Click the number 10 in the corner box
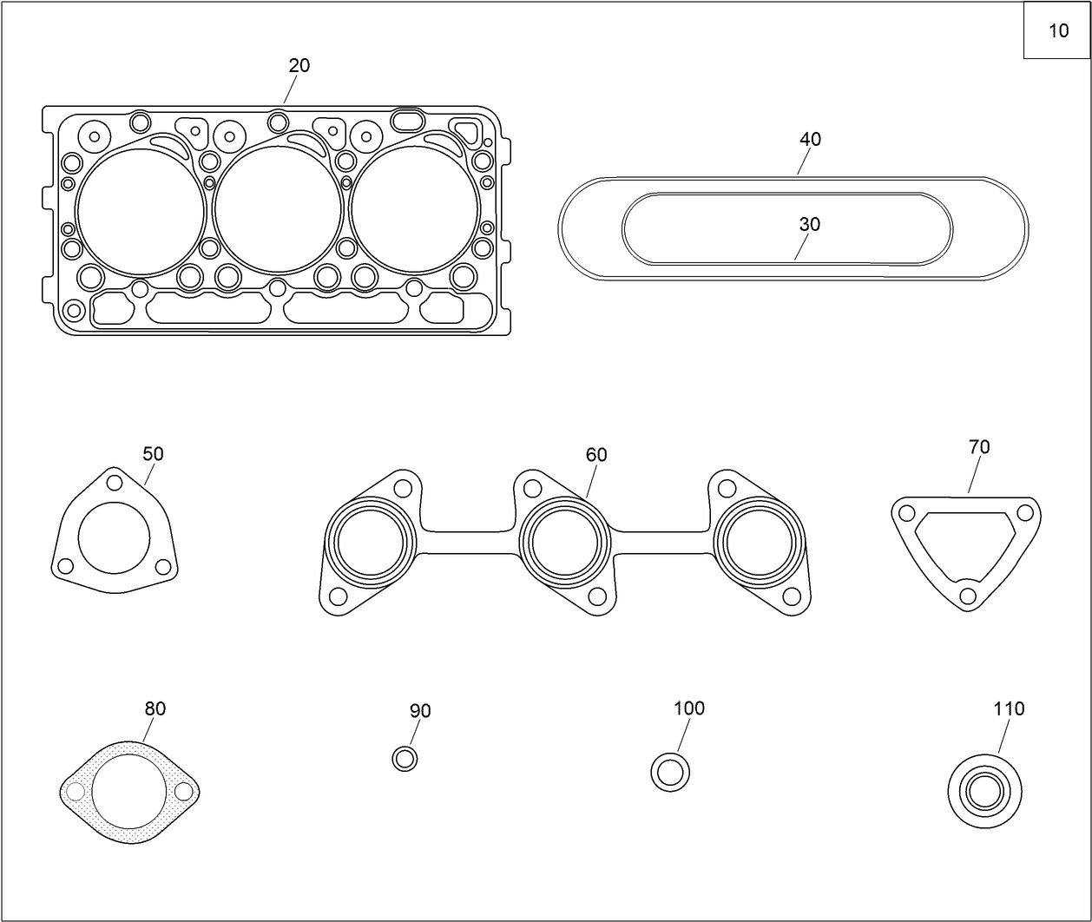(x=1058, y=31)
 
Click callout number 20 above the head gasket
(x=299, y=66)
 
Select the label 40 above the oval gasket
(x=809, y=140)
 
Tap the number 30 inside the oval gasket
(x=809, y=225)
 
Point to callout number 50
(x=153, y=454)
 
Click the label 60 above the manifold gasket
(x=596, y=455)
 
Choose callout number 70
(x=978, y=448)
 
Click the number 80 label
(x=155, y=709)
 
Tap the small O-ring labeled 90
(x=405, y=759)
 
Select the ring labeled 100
(x=670, y=771)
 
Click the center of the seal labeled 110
(x=984, y=792)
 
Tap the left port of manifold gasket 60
(x=370, y=543)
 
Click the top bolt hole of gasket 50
(x=114, y=483)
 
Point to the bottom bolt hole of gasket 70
(x=967, y=596)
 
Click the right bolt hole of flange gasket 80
(x=183, y=792)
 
